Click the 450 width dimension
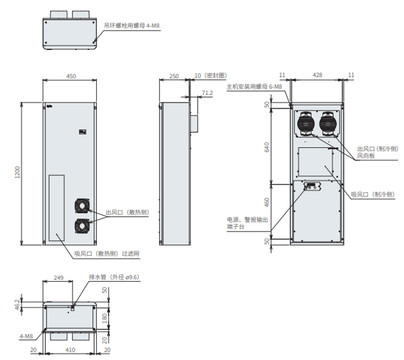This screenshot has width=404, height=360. pyautogui.click(x=71, y=76)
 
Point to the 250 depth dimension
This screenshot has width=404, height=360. pyautogui.click(x=174, y=76)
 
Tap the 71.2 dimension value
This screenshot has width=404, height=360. pyautogui.click(x=207, y=93)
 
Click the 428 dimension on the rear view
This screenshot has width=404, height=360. pyautogui.click(x=317, y=75)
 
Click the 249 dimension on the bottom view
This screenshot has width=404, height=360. pyautogui.click(x=58, y=277)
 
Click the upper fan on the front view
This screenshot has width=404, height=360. pyautogui.click(x=81, y=206)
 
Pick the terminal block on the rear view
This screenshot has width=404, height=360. pyautogui.click(x=310, y=188)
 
